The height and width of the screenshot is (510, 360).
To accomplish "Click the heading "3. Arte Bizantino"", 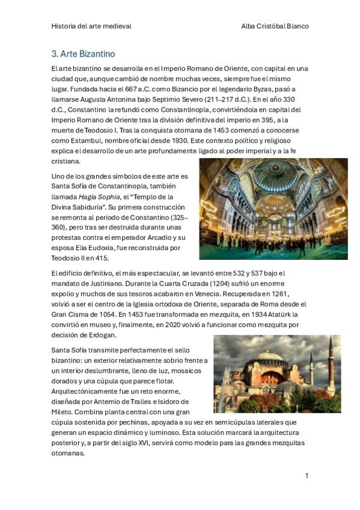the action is pyautogui.click(x=83, y=54).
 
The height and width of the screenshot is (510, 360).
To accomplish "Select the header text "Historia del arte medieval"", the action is pyautogui.click(x=91, y=26).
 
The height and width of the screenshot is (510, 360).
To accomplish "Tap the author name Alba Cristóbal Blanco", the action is pyautogui.click(x=275, y=26).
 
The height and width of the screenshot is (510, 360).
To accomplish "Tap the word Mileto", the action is pyautogui.click(x=63, y=412).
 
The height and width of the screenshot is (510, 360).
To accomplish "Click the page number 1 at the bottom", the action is pyautogui.click(x=307, y=476).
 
